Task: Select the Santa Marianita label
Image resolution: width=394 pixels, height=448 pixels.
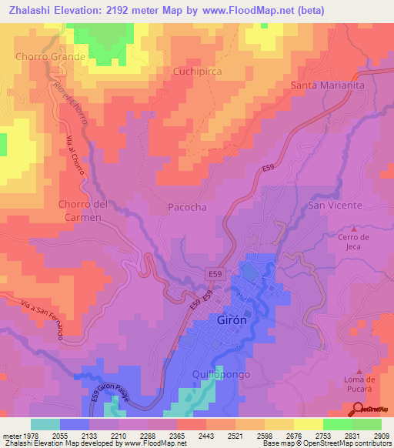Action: (x=327, y=85)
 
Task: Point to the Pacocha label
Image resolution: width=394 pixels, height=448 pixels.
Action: (x=187, y=208)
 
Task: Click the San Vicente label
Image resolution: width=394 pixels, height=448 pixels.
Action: (x=335, y=206)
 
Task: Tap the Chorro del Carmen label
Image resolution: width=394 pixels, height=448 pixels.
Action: (x=80, y=211)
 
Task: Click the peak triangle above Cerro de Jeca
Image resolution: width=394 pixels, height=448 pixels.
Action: (x=354, y=229)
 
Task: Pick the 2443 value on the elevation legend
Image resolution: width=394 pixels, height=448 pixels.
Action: (x=205, y=435)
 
